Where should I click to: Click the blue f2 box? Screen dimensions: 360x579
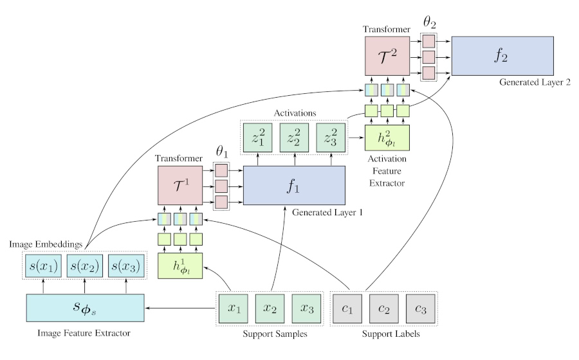coord(502,57)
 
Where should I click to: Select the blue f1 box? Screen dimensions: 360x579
coord(295,185)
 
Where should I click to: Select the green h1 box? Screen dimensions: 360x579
coord(180,266)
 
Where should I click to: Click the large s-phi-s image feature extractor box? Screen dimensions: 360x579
coord(85,307)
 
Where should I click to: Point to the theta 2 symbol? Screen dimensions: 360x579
coord(428,22)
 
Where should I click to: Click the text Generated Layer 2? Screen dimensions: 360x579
coord(534,84)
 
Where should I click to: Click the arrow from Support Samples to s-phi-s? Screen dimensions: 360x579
coord(179,308)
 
